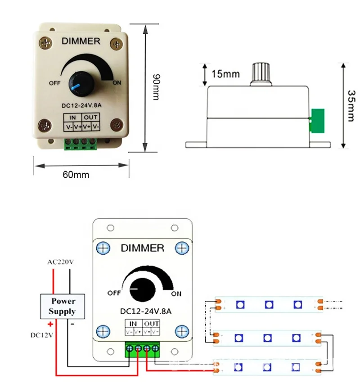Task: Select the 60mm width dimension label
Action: click(76, 174)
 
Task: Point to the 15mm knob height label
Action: click(225, 74)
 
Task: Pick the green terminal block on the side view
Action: click(317, 121)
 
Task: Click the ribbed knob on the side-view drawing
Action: click(260, 74)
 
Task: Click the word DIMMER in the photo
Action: click(81, 41)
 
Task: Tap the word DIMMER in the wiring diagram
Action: click(143, 248)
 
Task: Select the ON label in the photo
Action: click(117, 82)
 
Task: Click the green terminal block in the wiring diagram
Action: click(143, 349)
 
